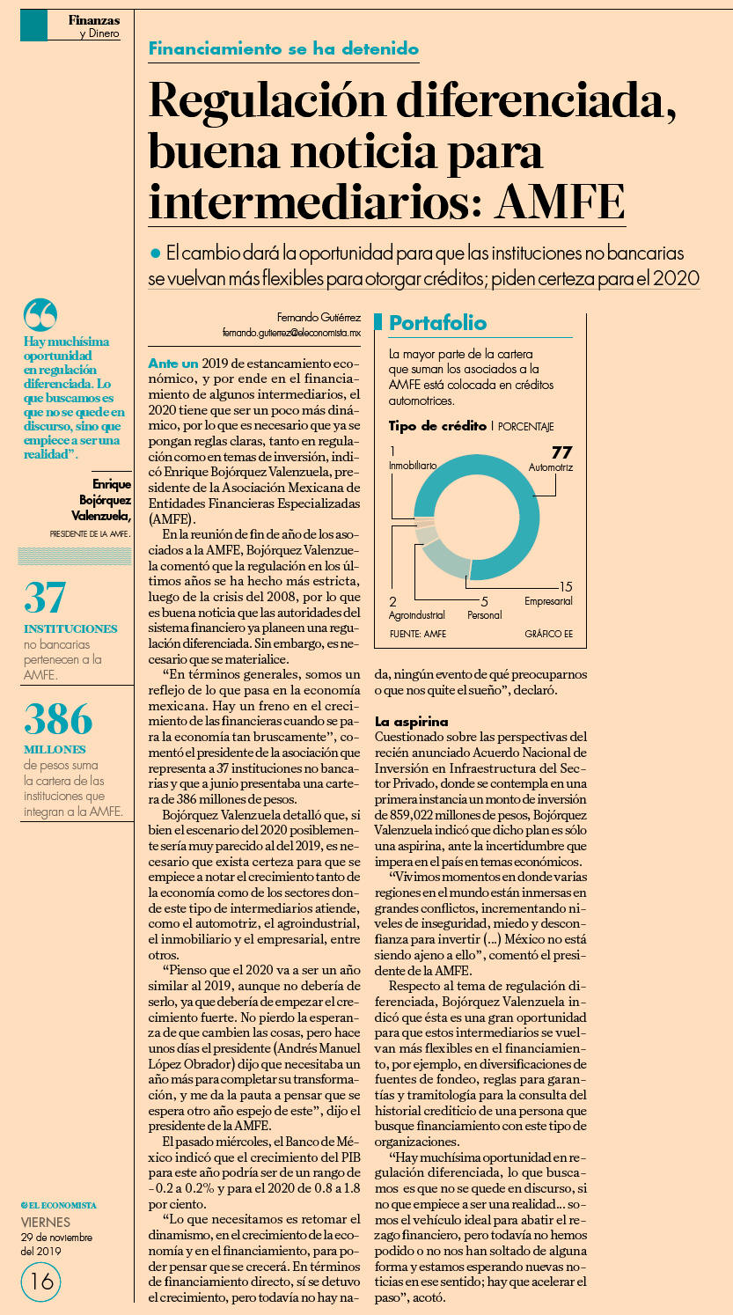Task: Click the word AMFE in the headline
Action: [560, 202]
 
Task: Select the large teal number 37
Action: [45, 598]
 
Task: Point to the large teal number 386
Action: [58, 718]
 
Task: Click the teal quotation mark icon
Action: [40, 314]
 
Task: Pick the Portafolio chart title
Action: [438, 323]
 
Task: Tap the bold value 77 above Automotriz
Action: [561, 452]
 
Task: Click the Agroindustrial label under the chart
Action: [417, 615]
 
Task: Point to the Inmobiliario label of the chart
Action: [413, 466]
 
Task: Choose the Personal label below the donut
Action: [484, 615]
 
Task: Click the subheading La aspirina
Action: [412, 722]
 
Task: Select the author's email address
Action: [291, 333]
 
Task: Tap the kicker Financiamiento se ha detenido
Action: [283, 48]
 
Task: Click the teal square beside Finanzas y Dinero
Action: [33, 26]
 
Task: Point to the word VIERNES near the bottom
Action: [45, 1223]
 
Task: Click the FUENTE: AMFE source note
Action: [418, 634]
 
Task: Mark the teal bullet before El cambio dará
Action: [155, 253]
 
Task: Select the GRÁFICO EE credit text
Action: [549, 634]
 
